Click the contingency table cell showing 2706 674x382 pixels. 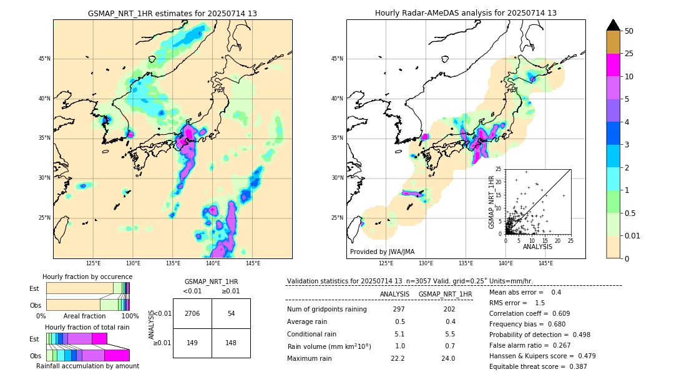(192, 313)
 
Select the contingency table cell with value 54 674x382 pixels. (231, 313)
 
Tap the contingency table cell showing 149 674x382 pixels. (192, 342)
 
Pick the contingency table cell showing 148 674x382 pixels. (231, 342)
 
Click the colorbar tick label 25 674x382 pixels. (629, 54)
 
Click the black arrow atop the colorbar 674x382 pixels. (613, 25)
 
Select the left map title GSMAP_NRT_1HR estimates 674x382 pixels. (172, 13)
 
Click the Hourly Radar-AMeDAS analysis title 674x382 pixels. (466, 13)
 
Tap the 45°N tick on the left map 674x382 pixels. (44, 59)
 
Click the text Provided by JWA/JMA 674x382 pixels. (382, 252)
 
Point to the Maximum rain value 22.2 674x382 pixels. (398, 358)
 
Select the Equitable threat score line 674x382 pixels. (538, 366)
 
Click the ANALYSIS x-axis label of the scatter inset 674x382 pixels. (537, 247)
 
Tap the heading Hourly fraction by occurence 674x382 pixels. (87, 277)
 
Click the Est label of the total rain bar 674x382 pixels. (34, 339)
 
